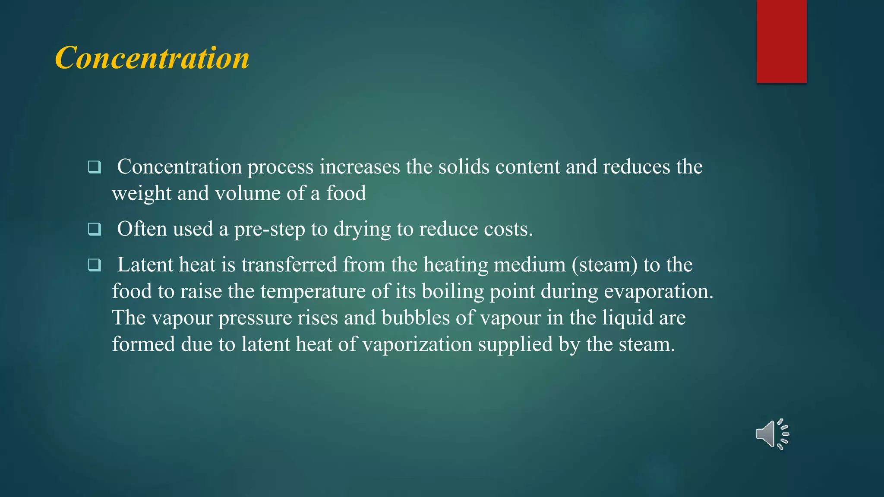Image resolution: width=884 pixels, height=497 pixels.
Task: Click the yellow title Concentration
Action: [x=152, y=58]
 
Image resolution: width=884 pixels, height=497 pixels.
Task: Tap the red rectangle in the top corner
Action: [x=781, y=41]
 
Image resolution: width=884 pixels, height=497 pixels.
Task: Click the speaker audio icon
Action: [x=772, y=434]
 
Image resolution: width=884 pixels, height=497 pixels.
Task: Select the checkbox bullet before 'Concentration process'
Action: [x=94, y=167]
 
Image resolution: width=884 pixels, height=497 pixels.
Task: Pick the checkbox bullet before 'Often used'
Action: [x=94, y=229]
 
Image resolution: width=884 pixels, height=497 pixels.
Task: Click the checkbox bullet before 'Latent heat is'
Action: [x=94, y=265]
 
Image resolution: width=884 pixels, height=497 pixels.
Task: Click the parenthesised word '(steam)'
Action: [x=604, y=265]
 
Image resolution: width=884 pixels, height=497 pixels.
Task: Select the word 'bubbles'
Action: [x=416, y=318]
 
